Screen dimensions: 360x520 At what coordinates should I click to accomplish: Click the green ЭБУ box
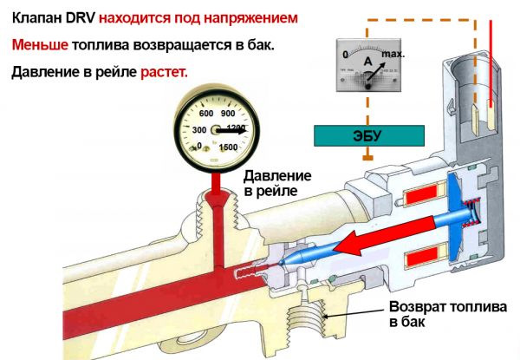point(369,136)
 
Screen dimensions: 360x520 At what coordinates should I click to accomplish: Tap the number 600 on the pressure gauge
point(206,114)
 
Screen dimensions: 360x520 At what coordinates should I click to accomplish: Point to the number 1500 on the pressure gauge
point(229,147)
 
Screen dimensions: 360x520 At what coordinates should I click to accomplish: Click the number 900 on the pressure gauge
point(229,114)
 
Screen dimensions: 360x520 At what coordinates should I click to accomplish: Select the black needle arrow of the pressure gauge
point(229,130)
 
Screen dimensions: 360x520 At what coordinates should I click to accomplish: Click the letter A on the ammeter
point(367,62)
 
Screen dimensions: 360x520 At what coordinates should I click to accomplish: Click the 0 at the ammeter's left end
point(345,54)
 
